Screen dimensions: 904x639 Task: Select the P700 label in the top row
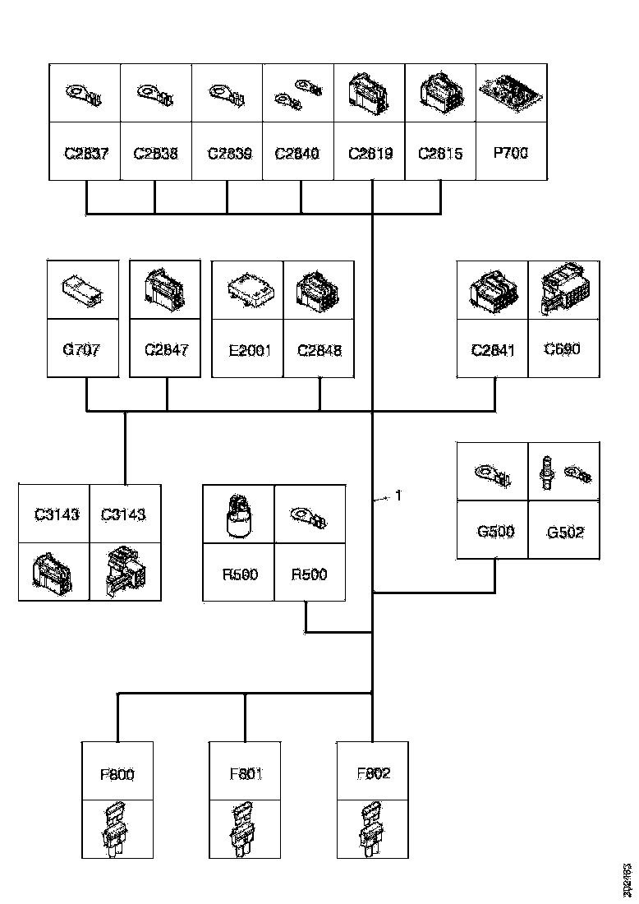(510, 152)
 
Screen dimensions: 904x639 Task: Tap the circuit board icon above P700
(510, 93)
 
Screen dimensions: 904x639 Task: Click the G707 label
(82, 350)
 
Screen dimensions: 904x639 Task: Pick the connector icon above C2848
(319, 291)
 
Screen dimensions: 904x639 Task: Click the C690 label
(563, 348)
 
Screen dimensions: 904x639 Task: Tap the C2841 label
(492, 350)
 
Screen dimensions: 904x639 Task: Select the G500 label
(495, 531)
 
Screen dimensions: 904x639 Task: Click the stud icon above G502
(545, 473)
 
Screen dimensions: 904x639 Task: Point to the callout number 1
(398, 496)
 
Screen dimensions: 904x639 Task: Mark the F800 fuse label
(117, 773)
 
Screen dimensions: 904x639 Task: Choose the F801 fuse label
(245, 773)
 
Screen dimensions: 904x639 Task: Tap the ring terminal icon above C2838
(156, 94)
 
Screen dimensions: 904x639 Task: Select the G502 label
(565, 532)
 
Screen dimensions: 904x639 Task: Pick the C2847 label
(166, 350)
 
